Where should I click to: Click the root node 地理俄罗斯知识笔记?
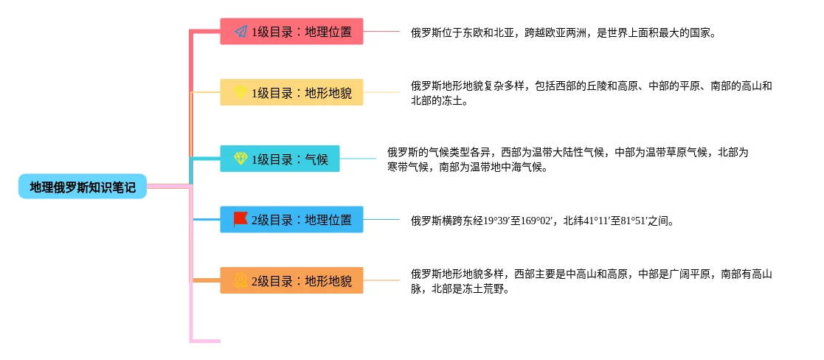[83, 187]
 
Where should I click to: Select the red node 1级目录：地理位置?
[291, 32]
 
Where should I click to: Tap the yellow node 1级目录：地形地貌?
[291, 93]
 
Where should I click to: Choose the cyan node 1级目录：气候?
[280, 159]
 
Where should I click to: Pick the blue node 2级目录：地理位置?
[291, 220]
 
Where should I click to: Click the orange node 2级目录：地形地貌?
[291, 280]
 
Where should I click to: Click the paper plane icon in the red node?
[240, 32]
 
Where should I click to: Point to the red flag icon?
[240, 219]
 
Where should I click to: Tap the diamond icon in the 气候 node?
[240, 159]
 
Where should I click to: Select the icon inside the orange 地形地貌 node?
[240, 280]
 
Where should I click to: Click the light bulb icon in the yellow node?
[240, 92]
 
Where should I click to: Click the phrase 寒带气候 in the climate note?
[411, 167]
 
